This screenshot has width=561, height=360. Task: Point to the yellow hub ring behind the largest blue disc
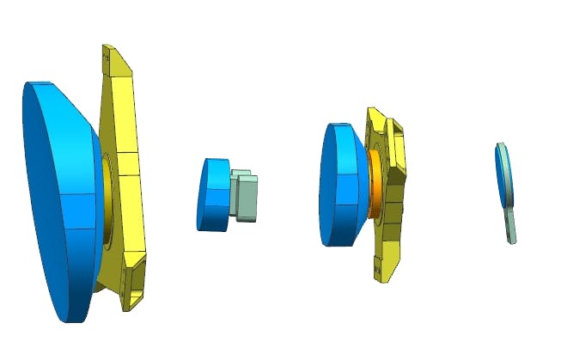click(x=107, y=198)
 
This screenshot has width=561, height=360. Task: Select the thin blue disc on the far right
click(x=501, y=176)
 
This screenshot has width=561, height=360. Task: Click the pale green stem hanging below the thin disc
click(x=511, y=226)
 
